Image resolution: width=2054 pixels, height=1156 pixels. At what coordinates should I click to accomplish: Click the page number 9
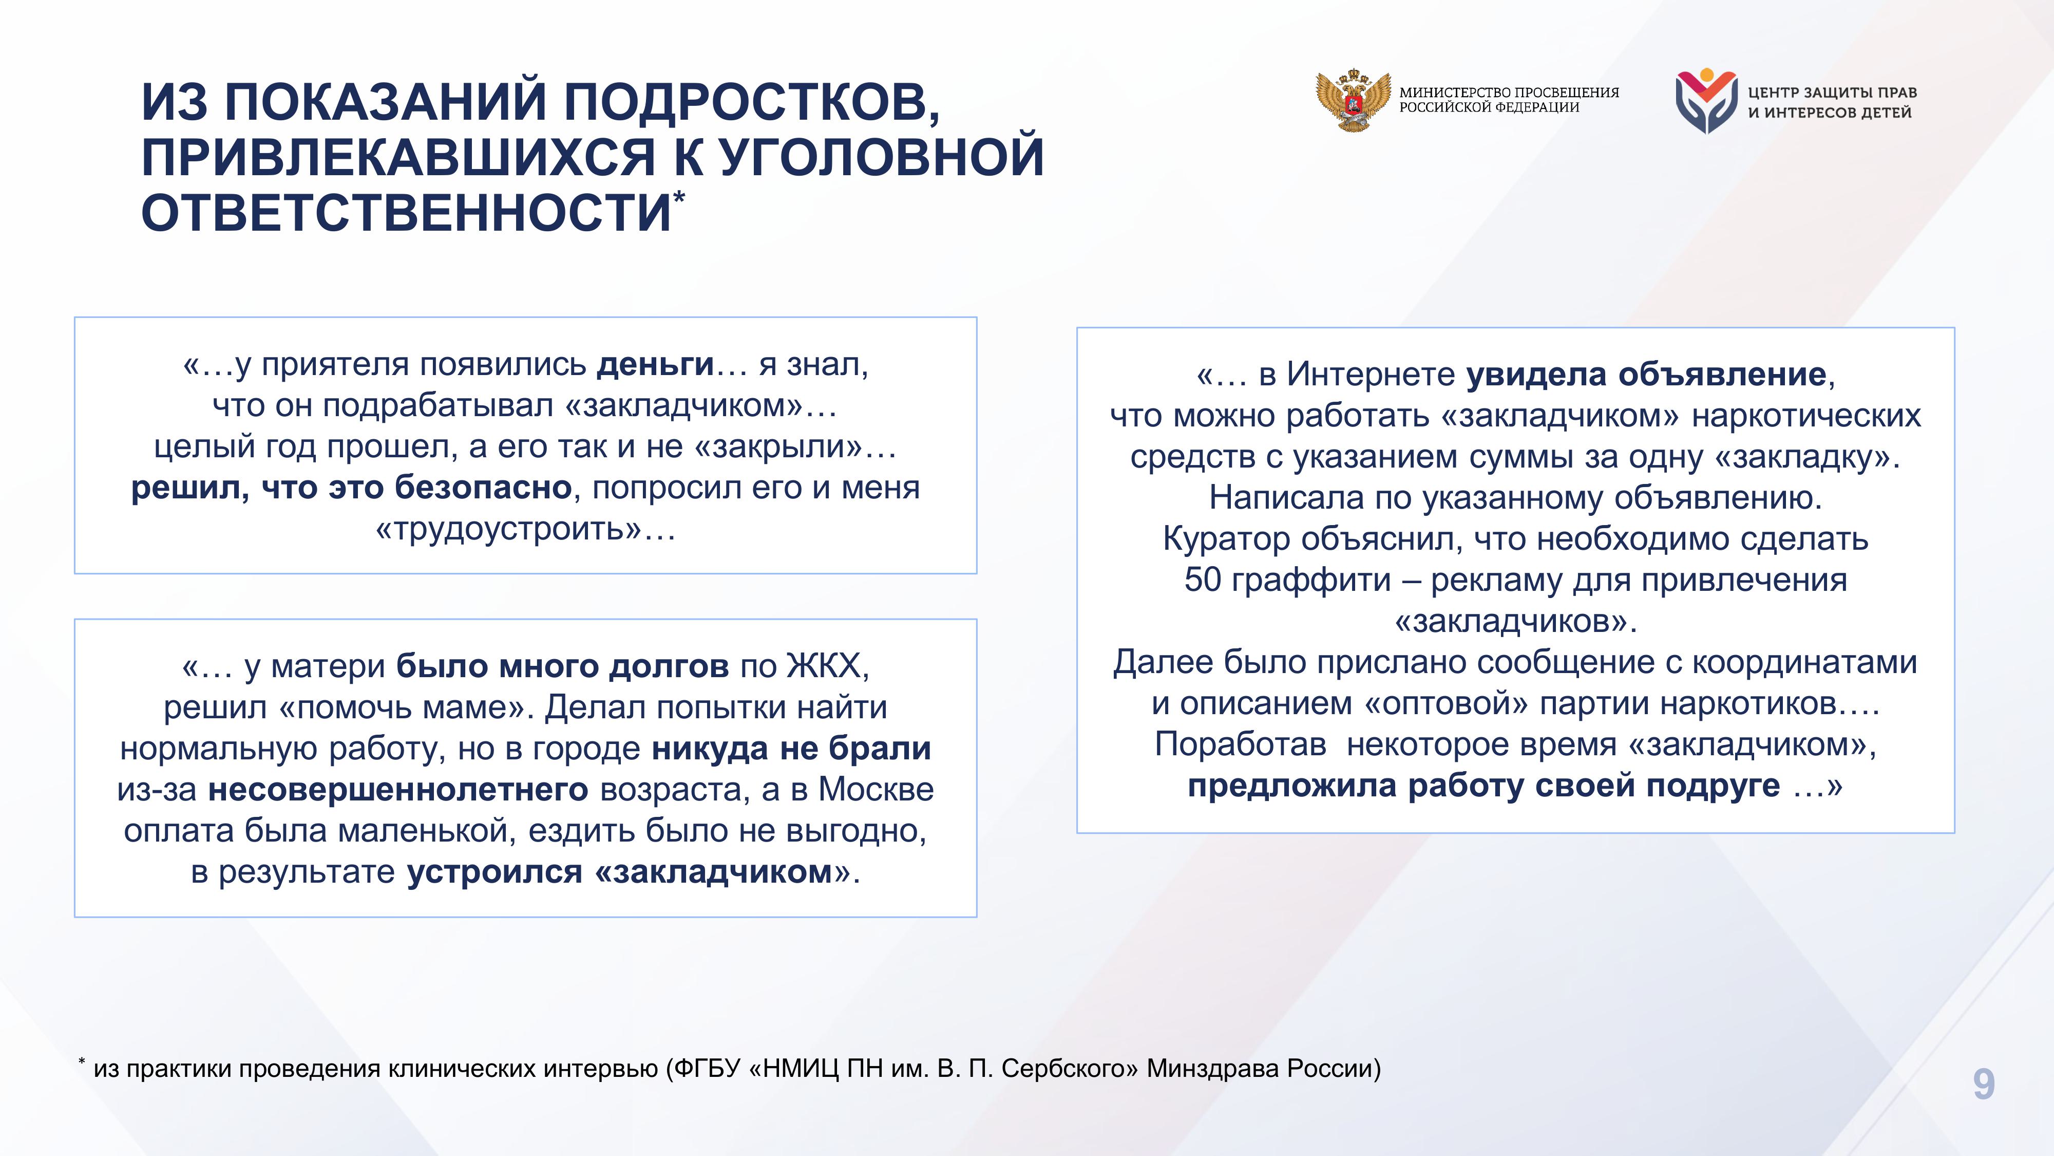click(1984, 1084)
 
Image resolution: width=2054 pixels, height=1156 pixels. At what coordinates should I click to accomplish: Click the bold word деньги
click(655, 365)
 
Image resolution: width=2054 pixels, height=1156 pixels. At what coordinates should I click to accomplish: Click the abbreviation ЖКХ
click(825, 665)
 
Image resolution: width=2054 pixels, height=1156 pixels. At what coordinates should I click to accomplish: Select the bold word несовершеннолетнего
click(398, 790)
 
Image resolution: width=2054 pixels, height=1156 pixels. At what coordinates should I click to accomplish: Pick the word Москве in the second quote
click(877, 789)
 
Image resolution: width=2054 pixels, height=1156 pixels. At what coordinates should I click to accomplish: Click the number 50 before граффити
click(1203, 580)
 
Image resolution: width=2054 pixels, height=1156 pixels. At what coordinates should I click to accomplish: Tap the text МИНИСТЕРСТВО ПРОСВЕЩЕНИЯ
click(1509, 92)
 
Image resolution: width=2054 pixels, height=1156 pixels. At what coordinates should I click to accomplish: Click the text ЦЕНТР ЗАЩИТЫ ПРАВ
click(1832, 92)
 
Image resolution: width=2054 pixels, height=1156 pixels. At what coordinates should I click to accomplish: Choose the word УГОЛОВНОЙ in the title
click(881, 157)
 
